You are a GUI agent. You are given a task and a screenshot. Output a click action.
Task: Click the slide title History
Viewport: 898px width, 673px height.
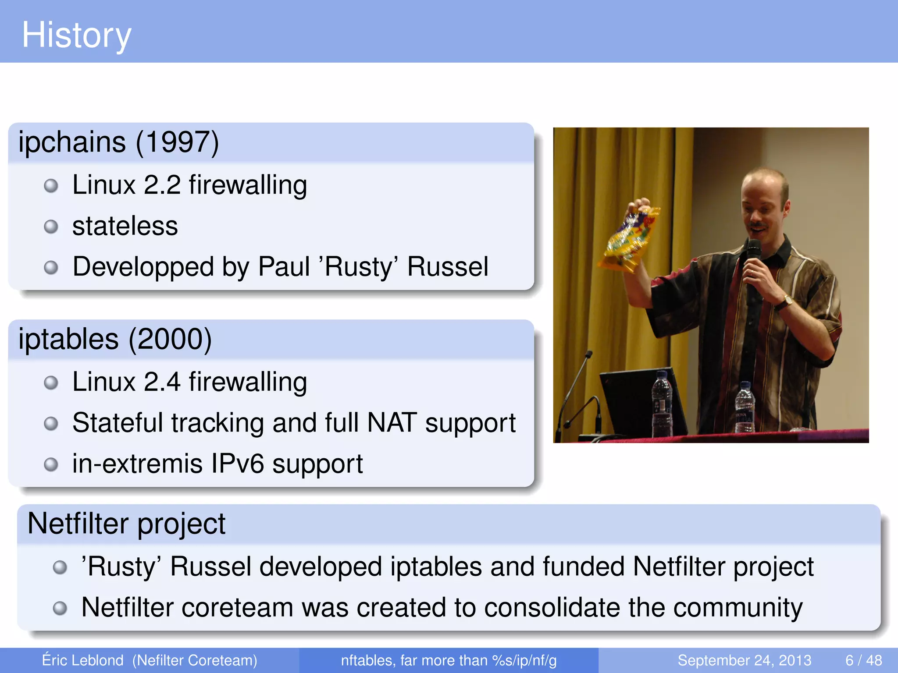click(x=76, y=35)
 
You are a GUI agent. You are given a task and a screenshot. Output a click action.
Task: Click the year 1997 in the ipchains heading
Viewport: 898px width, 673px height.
click(x=177, y=142)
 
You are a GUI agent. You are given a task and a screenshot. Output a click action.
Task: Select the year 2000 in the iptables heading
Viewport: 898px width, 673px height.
click(x=170, y=340)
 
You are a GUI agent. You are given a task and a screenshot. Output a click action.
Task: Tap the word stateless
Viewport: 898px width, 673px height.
click(x=125, y=227)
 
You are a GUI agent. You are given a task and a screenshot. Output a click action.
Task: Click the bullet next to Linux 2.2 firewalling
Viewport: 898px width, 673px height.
click(x=51, y=186)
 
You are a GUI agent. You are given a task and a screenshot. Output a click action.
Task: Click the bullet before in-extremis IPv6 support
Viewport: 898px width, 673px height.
click(x=51, y=464)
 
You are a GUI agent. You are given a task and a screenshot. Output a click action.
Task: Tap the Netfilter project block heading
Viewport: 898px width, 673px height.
click(x=126, y=524)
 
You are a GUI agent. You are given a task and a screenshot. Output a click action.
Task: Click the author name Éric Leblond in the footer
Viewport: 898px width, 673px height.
click(x=82, y=660)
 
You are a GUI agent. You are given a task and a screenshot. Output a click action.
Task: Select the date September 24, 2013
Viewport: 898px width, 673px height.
click(x=744, y=660)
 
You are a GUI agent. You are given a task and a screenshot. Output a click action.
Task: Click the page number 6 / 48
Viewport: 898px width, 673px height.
click(x=863, y=660)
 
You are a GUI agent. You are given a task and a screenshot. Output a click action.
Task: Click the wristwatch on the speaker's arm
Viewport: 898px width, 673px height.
click(x=788, y=301)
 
